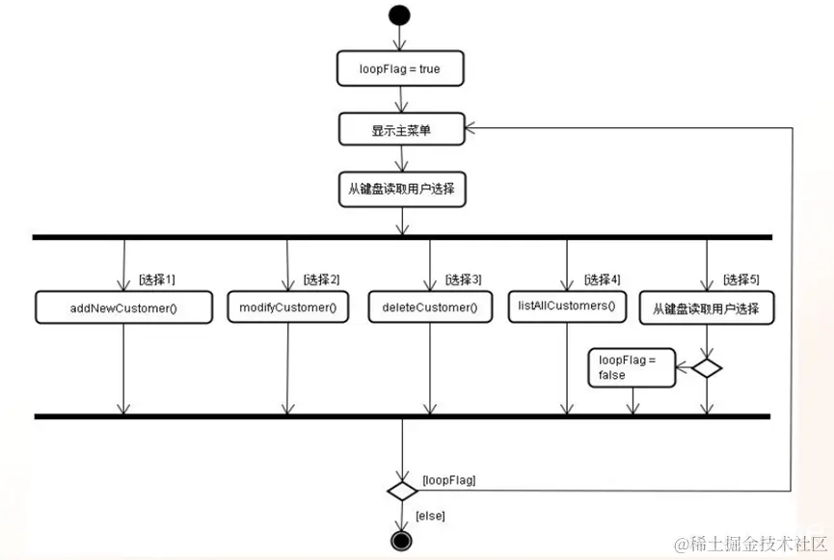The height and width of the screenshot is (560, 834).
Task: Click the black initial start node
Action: coord(399,15)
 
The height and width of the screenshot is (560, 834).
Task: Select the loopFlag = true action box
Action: coord(401,69)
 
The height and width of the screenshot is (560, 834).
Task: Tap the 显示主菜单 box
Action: coord(401,128)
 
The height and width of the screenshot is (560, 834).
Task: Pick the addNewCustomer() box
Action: coord(123,307)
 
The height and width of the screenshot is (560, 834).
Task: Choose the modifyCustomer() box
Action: coord(287,307)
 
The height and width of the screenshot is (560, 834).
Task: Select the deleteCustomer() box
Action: coord(429,307)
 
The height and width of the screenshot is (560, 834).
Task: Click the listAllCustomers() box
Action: coord(567,306)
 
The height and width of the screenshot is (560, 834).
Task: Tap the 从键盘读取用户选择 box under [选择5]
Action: coord(707,308)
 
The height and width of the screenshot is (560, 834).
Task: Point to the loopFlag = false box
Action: coord(632,367)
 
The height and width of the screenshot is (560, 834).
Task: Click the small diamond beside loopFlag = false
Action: coord(707,367)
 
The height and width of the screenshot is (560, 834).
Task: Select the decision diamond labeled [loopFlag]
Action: coord(401,491)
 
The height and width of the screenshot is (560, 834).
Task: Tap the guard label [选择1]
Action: coord(157,280)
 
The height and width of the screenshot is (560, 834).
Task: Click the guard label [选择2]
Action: coord(321,280)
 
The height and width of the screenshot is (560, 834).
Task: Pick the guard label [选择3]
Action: coord(463,280)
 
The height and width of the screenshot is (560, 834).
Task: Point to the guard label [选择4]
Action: coord(602,280)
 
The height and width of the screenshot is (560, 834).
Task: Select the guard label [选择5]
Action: coord(740,280)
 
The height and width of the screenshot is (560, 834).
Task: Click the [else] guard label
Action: coord(430,517)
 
